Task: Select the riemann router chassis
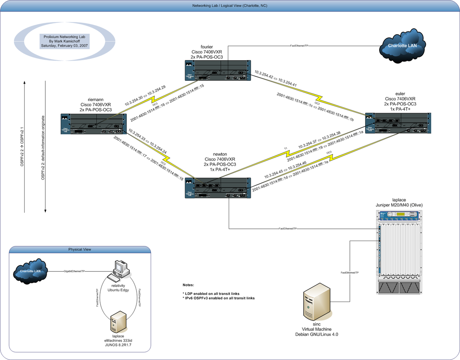click(93, 124)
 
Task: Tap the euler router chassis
click(398, 123)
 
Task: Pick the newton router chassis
click(217, 188)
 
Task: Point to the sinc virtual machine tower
click(317, 301)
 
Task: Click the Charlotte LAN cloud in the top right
click(401, 46)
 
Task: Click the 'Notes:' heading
click(188, 285)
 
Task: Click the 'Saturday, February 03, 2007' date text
click(65, 46)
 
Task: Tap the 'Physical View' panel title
click(80, 249)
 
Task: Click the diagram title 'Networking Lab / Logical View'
click(230, 6)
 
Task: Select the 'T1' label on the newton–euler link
click(285, 149)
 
